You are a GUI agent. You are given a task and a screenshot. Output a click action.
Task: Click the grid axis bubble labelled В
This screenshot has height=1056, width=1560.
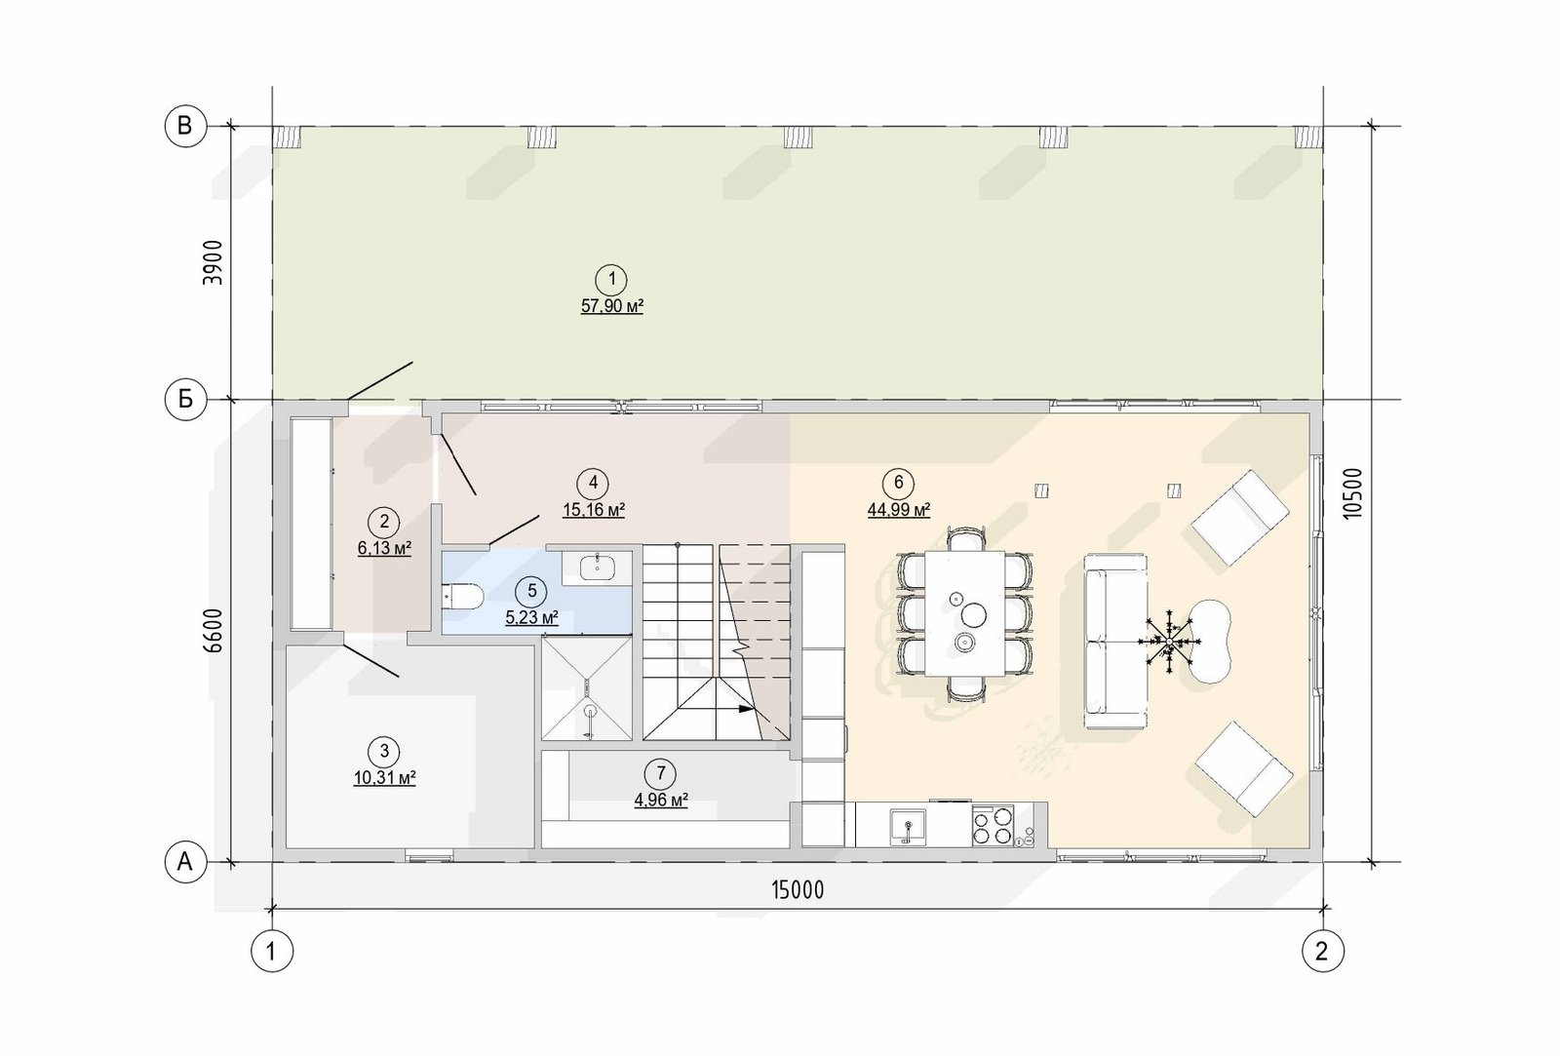click(185, 126)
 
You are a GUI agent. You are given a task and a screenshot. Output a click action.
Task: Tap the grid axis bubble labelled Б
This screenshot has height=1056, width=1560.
click(185, 399)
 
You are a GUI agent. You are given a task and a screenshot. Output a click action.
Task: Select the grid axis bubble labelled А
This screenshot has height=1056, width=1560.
click(185, 862)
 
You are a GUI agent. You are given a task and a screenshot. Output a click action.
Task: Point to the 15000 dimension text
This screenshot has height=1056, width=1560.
click(798, 889)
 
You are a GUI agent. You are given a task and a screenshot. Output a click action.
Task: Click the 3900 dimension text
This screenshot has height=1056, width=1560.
click(213, 262)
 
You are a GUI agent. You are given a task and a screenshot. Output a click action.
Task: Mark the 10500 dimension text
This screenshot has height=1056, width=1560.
click(1351, 492)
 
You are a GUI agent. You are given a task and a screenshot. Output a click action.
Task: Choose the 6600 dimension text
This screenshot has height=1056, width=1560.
click(213, 631)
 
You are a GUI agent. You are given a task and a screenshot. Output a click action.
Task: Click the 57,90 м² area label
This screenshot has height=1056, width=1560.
click(612, 306)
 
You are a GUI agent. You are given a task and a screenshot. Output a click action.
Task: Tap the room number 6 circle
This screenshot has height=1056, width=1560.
click(898, 483)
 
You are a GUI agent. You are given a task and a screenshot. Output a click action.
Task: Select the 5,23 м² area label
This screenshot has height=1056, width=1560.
click(532, 618)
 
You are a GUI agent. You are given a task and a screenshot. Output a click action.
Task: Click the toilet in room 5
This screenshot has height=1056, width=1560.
click(462, 596)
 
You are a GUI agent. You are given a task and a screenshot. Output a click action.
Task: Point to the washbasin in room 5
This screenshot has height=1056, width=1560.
click(598, 567)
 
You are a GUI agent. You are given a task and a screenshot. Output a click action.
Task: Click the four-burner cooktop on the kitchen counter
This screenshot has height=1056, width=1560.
click(993, 826)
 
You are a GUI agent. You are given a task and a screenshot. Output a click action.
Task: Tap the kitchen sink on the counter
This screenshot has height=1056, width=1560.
click(908, 827)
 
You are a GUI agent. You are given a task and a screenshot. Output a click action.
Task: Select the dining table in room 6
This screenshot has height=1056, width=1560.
click(965, 613)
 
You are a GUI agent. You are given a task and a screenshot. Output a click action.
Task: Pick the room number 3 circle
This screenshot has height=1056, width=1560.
click(384, 752)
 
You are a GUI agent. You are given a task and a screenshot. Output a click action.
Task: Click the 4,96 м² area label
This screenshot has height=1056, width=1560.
click(661, 801)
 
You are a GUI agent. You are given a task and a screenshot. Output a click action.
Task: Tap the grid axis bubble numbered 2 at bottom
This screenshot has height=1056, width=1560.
click(1322, 950)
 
